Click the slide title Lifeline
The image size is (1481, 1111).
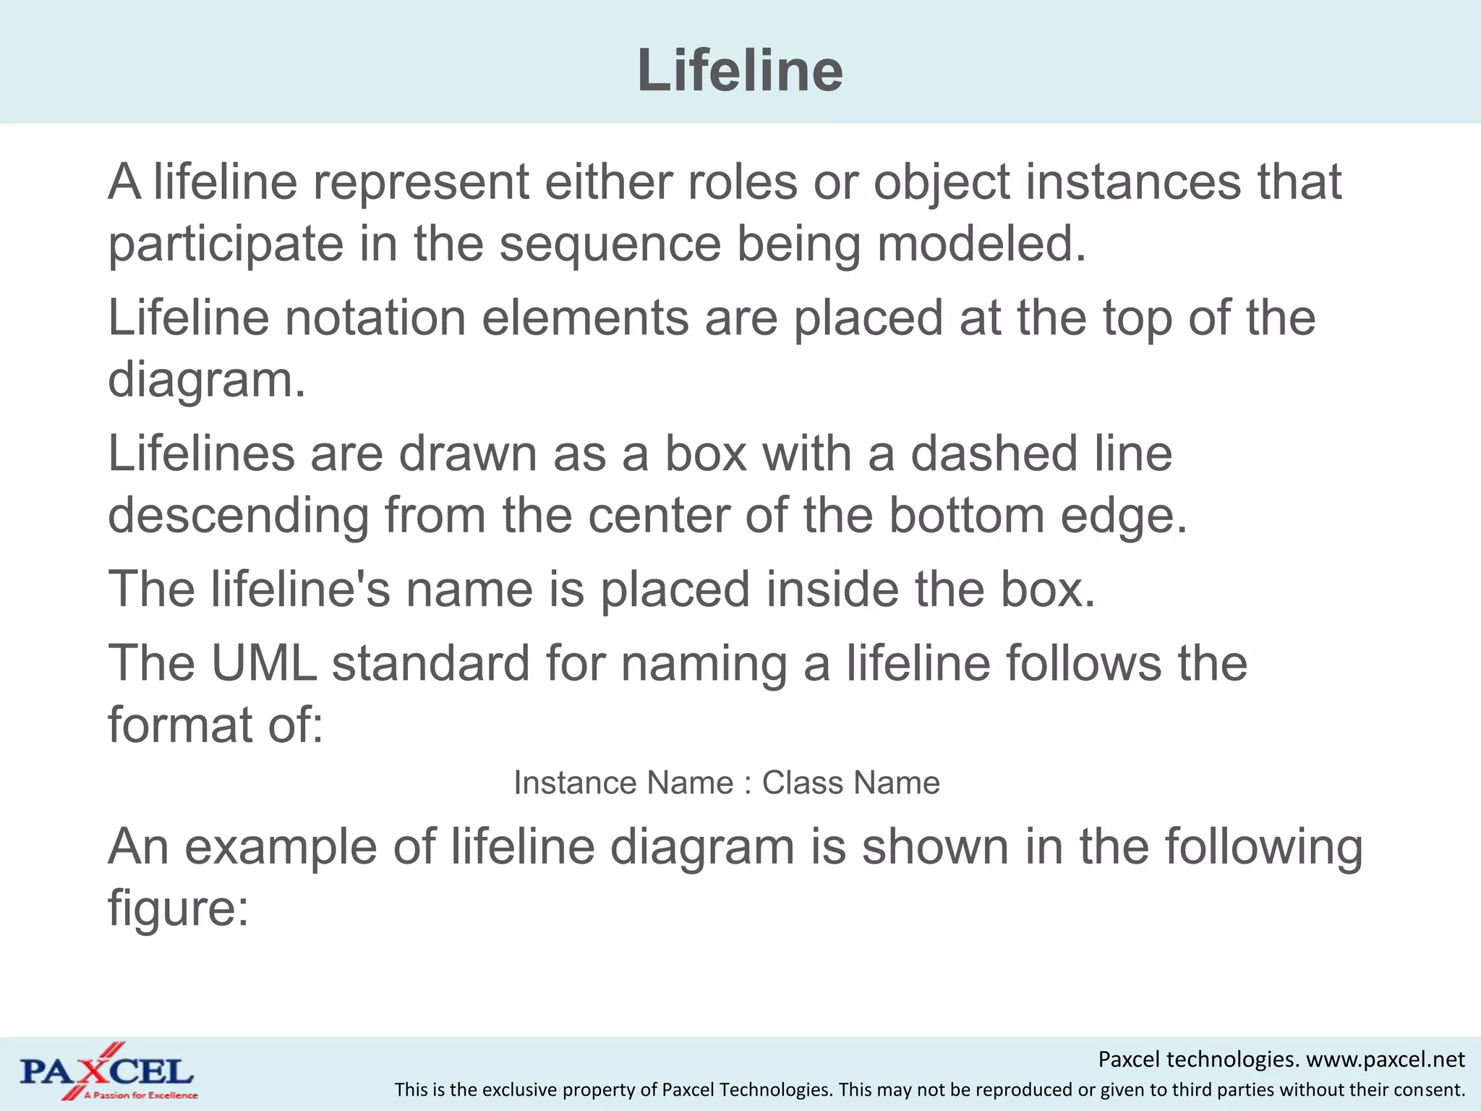click(740, 71)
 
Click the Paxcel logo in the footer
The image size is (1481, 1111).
click(108, 1072)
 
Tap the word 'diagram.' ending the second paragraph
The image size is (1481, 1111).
click(207, 380)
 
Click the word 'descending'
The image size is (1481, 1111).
click(238, 516)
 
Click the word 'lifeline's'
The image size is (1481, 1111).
click(301, 589)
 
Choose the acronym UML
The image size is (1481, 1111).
click(264, 663)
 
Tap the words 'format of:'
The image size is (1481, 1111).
click(215, 725)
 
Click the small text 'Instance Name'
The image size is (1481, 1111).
click(623, 783)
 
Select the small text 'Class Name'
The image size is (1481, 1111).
click(851, 783)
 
